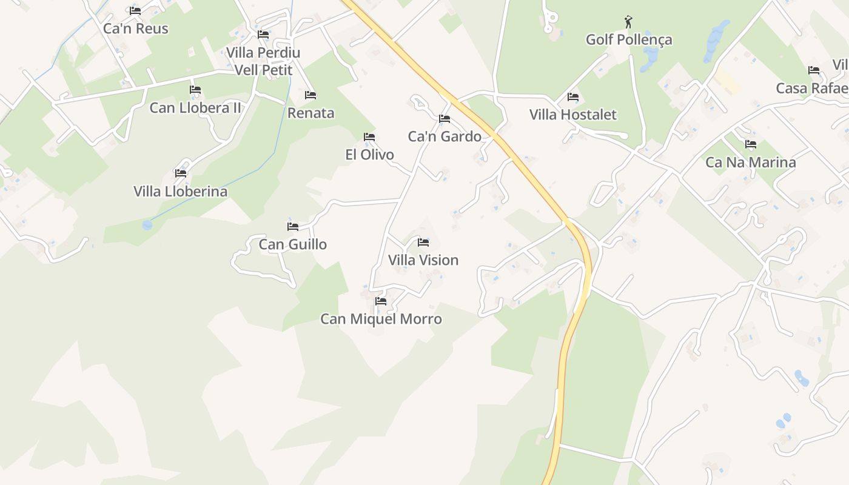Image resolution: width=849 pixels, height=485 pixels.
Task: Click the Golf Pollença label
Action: click(629, 40)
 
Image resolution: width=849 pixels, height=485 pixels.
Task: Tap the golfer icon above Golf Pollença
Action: click(628, 22)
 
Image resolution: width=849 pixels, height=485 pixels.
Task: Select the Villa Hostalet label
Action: click(572, 115)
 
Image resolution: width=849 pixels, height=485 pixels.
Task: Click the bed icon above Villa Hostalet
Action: click(572, 97)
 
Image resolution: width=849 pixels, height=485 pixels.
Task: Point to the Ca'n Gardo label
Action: click(445, 136)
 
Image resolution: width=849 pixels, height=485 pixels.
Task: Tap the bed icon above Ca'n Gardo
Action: click(445, 119)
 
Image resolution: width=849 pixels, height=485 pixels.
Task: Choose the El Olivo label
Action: click(369, 155)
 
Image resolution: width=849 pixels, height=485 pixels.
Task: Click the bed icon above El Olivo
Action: click(369, 137)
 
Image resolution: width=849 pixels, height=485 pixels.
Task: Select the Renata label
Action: click(310, 113)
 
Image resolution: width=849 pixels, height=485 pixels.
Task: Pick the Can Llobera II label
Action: click(195, 108)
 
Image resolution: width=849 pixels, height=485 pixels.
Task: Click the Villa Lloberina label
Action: click(181, 192)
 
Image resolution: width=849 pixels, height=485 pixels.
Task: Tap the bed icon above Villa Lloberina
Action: click(181, 173)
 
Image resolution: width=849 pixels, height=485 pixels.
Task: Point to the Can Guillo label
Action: click(293, 244)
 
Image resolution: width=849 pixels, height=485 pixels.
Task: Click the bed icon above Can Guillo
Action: click(293, 227)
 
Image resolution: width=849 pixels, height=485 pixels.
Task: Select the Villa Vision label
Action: click(423, 260)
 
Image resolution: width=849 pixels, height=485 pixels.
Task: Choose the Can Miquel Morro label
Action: click(381, 319)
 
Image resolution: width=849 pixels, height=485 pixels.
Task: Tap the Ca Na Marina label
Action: click(751, 162)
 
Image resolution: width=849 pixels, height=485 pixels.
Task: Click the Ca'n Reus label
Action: click(135, 28)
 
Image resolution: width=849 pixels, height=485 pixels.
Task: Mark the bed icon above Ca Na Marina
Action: click(751, 144)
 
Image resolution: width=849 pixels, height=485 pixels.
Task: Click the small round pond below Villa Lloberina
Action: click(147, 225)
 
